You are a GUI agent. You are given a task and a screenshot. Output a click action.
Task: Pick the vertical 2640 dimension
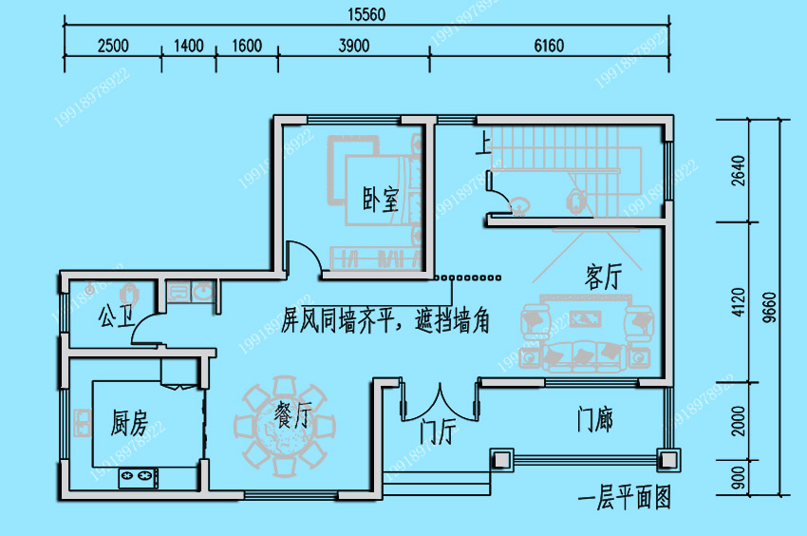pyautogui.click(x=740, y=171)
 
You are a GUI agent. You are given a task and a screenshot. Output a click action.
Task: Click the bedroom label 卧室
pyautogui.click(x=381, y=201)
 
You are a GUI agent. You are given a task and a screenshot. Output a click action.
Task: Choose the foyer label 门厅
pyautogui.click(x=438, y=433)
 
